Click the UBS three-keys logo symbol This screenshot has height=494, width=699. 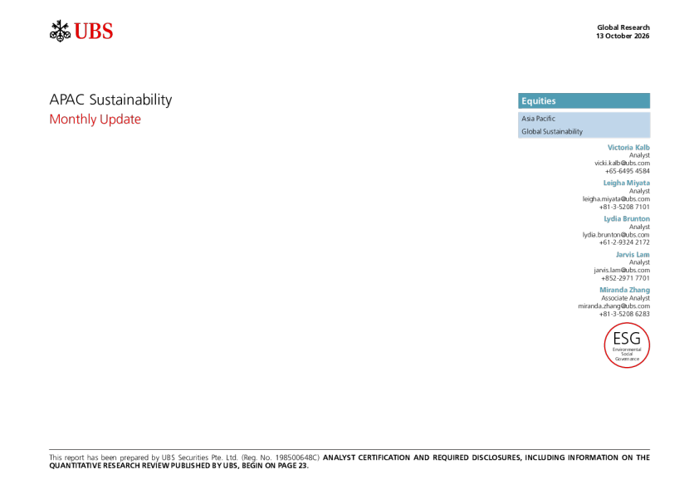[x=60, y=31]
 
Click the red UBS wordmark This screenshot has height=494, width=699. [x=94, y=32]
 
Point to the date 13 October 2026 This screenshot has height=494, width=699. [x=623, y=36]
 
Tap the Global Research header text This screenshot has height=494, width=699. [x=623, y=27]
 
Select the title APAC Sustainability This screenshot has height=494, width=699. [x=110, y=100]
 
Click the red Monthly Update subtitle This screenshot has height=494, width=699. [x=95, y=119]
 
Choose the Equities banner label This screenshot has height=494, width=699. [x=539, y=101]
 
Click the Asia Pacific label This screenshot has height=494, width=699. [x=538, y=119]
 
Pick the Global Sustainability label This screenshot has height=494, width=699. [x=552, y=131]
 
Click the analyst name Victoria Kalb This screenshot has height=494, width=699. [x=628, y=147]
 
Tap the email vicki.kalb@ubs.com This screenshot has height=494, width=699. [x=622, y=164]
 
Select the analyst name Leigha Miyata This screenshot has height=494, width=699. [x=626, y=183]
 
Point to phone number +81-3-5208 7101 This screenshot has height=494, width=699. [x=624, y=207]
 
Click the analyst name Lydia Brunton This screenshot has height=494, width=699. [x=627, y=218]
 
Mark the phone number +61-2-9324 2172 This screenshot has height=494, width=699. [x=624, y=242]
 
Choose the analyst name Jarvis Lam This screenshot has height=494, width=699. [x=633, y=255]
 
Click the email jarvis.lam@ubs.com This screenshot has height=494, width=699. [x=622, y=270]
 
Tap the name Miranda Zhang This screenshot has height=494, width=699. [x=624, y=290]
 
